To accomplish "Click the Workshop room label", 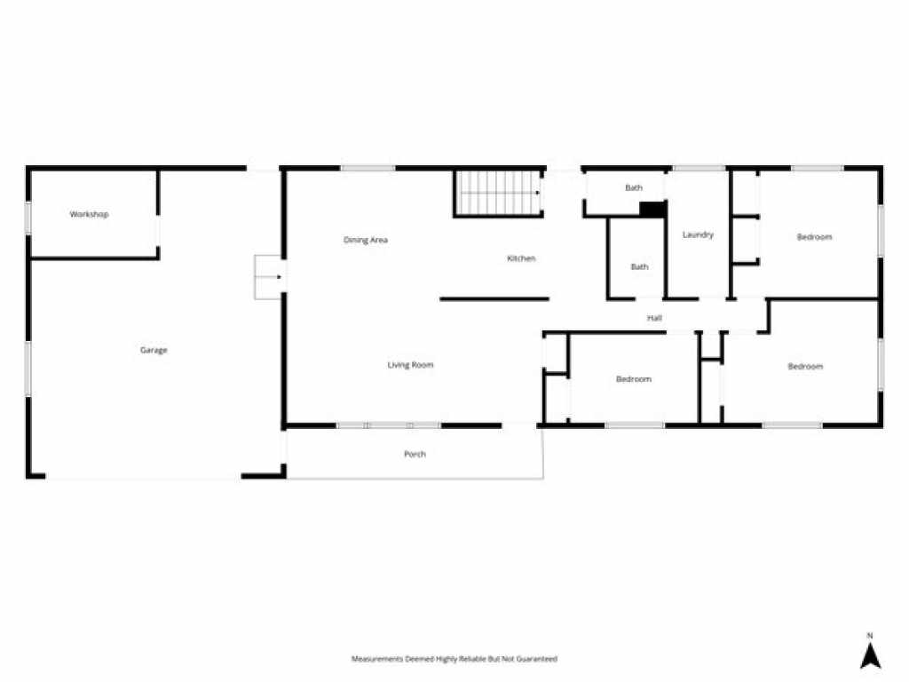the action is click(x=89, y=214).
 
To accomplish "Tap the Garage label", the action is click(x=154, y=350).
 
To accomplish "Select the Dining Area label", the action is click(x=365, y=240).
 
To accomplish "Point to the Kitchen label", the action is click(x=521, y=258).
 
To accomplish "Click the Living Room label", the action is click(x=410, y=365).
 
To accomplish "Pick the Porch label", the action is click(x=415, y=454).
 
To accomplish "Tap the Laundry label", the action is click(x=698, y=234).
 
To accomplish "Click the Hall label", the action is click(x=654, y=318).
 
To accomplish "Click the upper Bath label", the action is click(x=634, y=188).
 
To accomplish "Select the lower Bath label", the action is click(x=639, y=266).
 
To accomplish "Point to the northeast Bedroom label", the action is click(x=815, y=236).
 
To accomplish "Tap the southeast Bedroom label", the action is click(x=805, y=367).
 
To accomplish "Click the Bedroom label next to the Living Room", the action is click(x=634, y=379).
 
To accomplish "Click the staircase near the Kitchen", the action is click(x=499, y=193).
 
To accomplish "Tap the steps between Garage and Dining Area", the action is click(x=269, y=277).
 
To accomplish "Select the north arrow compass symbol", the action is click(x=870, y=654).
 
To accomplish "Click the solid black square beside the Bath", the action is click(x=652, y=210).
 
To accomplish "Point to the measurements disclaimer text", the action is click(x=454, y=659).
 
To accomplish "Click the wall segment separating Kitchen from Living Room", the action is click(x=494, y=299).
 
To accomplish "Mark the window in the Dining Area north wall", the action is click(x=368, y=169).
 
